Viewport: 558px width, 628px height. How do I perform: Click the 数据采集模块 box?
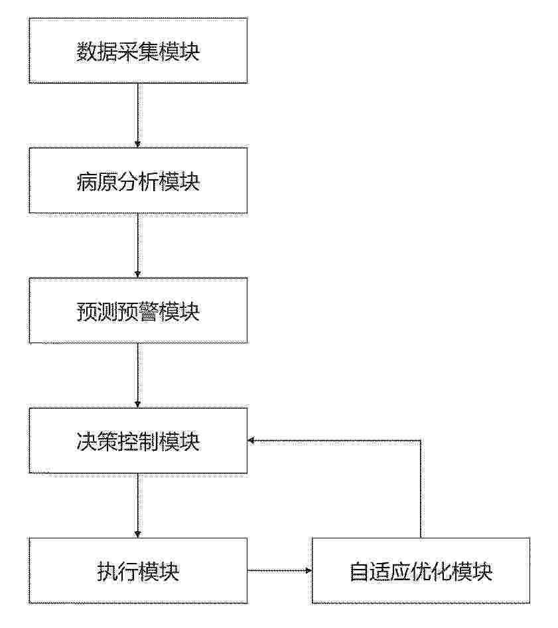(138, 50)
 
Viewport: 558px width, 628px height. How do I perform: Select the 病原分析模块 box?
(138, 180)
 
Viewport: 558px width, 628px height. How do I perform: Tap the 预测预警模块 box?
(138, 311)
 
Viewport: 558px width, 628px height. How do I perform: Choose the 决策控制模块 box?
(138, 441)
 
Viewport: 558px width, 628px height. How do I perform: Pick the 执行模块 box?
(138, 570)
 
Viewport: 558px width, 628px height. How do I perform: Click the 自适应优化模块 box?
(421, 570)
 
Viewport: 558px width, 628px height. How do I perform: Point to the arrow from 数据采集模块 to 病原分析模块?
(138, 116)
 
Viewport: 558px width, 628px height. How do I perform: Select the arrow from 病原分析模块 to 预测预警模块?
(138, 245)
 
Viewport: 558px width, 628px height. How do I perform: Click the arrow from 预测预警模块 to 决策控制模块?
(138, 375)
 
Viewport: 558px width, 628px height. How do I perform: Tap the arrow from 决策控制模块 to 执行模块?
(138, 505)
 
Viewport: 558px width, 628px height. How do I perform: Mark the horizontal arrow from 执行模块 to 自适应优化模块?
(279, 570)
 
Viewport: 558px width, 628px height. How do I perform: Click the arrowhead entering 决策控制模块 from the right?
(251, 441)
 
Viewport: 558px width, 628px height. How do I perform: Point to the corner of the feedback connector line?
(421, 441)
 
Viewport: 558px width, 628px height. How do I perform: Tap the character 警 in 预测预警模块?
(148, 311)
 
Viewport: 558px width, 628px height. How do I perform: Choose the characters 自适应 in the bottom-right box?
(380, 572)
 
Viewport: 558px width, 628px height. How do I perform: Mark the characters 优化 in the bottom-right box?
(431, 572)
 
